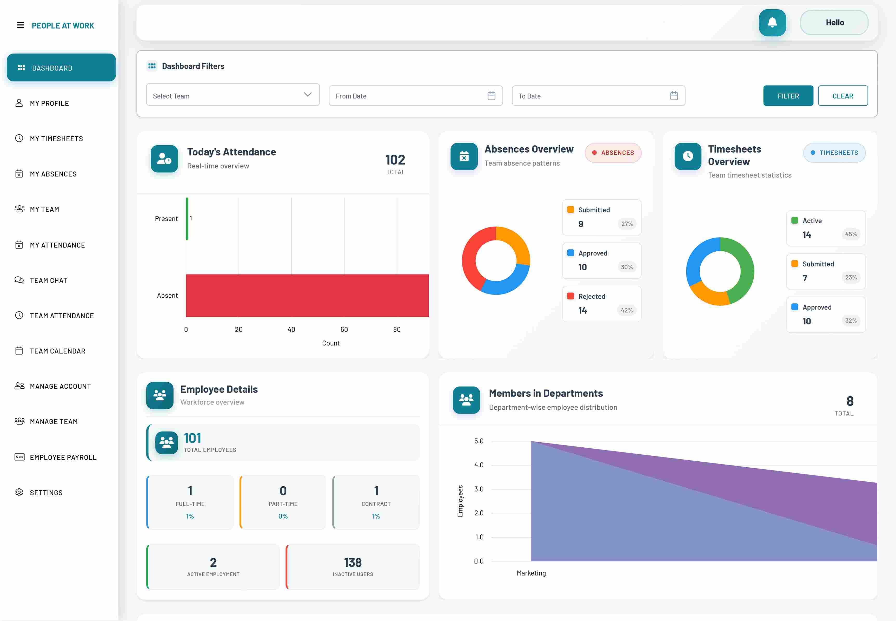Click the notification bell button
[772, 23]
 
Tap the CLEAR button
[842, 96]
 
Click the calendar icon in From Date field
[491, 96]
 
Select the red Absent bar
[307, 296]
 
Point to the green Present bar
[187, 219]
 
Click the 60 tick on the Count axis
[344, 330]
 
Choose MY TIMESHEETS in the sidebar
[56, 139]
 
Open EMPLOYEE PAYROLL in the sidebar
[63, 457]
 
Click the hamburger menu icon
[20, 25]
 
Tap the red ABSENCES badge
[613, 153]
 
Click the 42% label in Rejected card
[626, 310]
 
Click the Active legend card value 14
[807, 235]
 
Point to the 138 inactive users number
[353, 563]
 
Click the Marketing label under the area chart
[531, 573]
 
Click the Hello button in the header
[834, 23]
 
